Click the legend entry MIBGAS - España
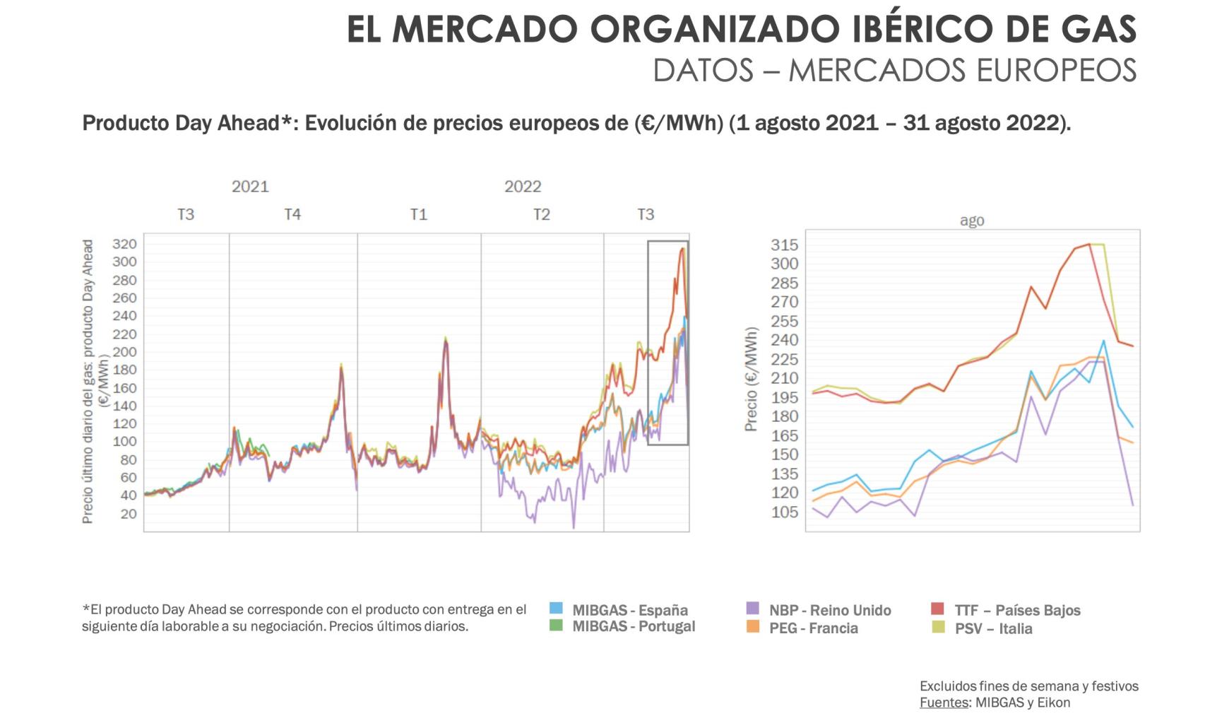[x=629, y=609]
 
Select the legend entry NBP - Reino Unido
[x=829, y=610]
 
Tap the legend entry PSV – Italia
[x=993, y=628]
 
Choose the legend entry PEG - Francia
[x=813, y=628]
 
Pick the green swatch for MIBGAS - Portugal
[x=556, y=625]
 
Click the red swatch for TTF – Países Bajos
[x=937, y=609]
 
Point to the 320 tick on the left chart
[x=124, y=245]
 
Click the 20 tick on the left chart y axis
[x=129, y=514]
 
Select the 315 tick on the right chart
[x=784, y=245]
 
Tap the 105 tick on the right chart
[x=784, y=512]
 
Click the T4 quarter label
[x=292, y=214]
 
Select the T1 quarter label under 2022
[x=419, y=214]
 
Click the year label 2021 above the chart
[x=250, y=187]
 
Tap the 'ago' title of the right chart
[x=972, y=221]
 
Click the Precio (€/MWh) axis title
[x=751, y=380]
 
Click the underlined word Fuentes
[x=943, y=703]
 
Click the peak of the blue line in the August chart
[x=1104, y=341]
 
